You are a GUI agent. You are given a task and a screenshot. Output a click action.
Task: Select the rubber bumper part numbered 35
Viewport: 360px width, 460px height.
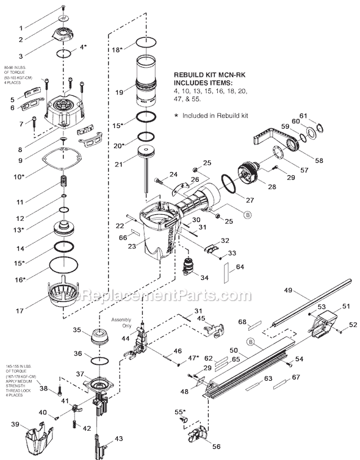[98, 336]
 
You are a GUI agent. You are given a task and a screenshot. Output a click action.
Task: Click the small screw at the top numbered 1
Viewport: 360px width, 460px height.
[63, 7]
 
